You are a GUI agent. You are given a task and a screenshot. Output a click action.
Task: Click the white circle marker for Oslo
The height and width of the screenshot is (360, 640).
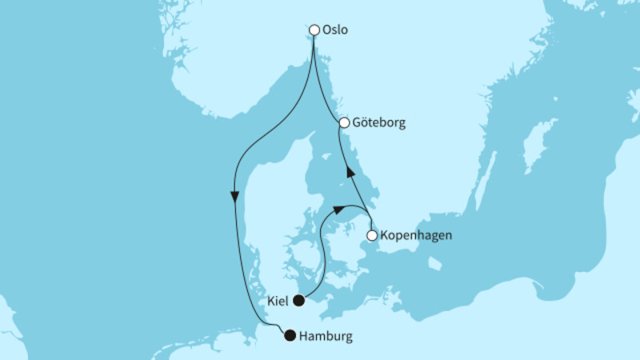314,30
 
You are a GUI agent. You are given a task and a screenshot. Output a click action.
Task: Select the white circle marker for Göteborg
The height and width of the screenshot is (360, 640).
344,123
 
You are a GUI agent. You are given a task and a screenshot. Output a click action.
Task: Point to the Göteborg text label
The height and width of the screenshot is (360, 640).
379,123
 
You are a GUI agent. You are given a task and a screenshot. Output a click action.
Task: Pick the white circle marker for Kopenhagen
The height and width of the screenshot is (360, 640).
372,236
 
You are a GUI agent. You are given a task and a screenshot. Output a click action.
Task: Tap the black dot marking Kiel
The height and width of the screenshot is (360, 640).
298,301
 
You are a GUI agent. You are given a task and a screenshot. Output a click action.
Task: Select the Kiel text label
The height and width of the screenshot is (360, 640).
279,302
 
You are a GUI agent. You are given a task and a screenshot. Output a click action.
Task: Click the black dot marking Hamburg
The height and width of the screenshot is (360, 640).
290,336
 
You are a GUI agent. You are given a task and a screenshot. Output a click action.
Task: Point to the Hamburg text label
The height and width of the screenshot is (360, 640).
325,337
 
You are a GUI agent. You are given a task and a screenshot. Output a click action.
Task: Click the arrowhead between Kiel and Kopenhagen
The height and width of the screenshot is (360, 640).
339,209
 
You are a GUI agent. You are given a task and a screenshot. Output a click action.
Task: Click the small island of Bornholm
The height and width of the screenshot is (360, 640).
434,262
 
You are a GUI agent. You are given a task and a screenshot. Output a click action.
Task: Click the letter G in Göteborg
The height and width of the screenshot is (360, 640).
356,123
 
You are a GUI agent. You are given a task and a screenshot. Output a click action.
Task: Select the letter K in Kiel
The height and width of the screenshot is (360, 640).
272,302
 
